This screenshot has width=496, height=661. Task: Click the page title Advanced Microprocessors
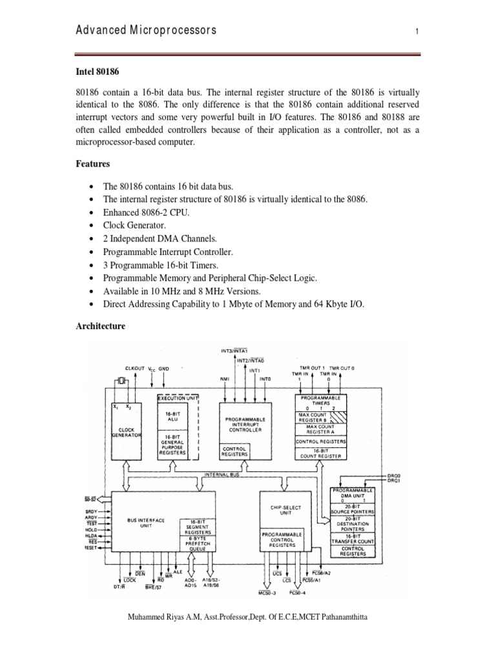[147, 30]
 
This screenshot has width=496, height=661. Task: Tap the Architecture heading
[101, 326]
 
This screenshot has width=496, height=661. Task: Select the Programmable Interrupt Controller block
[245, 423]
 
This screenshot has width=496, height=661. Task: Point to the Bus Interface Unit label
[146, 523]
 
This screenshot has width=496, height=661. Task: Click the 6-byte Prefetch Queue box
[196, 544]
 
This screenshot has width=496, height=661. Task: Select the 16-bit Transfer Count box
[352, 538]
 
